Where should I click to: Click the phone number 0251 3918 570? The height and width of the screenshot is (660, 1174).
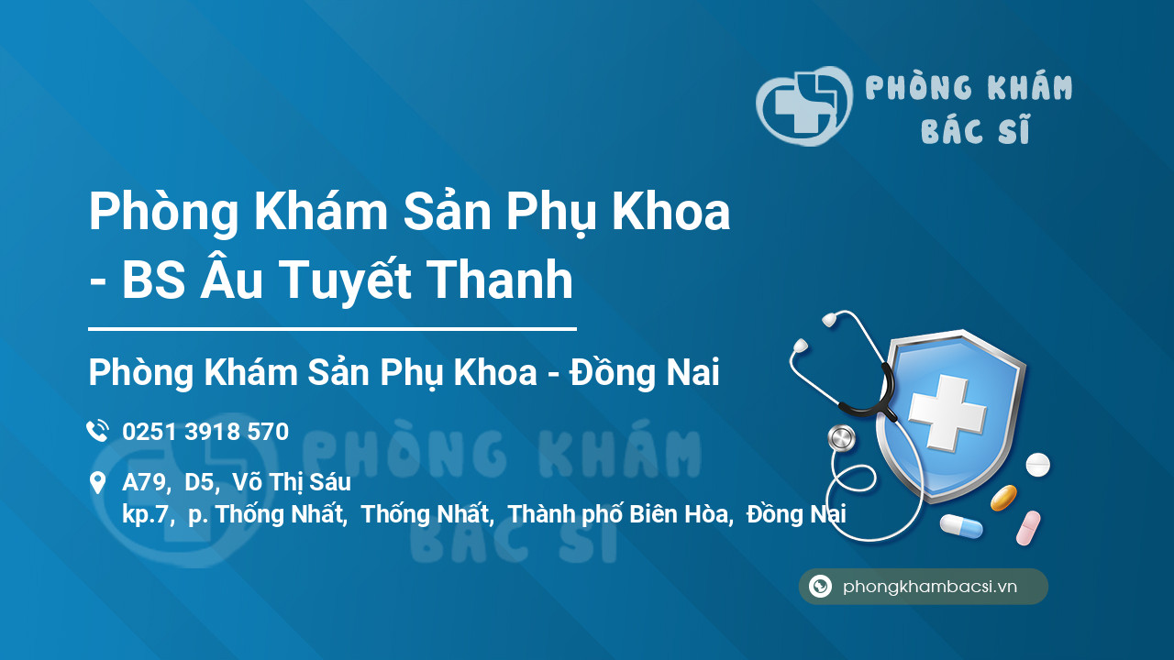coord(205,432)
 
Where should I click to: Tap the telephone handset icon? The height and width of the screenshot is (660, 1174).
coord(97,431)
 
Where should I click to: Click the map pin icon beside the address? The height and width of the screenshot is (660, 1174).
coord(97,482)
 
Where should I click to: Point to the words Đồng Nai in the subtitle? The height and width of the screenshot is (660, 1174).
coord(645,372)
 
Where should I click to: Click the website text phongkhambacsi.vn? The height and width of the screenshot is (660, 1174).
coord(930,587)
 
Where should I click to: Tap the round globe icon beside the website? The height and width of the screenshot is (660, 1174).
coord(820,586)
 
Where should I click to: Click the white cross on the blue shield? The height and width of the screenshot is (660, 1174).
coord(947,412)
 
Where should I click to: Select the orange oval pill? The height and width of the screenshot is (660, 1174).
coord(1003,498)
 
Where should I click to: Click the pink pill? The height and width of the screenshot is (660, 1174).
coord(1028,528)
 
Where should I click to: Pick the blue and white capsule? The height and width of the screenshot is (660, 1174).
coord(961,526)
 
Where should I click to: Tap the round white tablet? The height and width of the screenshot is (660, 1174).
coord(1037,465)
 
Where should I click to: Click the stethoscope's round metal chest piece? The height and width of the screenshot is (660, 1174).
coord(841,438)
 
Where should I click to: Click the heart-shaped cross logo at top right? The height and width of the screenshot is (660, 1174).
coord(804,105)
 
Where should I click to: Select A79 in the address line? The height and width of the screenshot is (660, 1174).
coord(145,483)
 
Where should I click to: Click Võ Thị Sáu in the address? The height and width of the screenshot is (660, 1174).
coord(292,483)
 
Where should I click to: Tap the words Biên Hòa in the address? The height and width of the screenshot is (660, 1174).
coord(679,514)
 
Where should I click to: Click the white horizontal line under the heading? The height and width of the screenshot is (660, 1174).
coord(332,329)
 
